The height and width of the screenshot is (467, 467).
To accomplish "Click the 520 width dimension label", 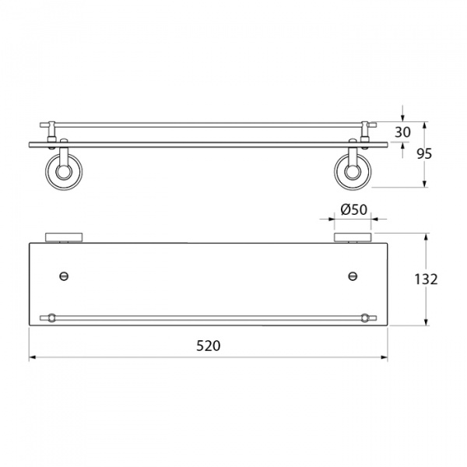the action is (208, 346).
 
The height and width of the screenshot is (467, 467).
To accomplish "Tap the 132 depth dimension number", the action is (427, 279).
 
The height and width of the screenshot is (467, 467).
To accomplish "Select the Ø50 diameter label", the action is (354, 209).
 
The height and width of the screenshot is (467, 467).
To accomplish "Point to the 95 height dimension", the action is (424, 153).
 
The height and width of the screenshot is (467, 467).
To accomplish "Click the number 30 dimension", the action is (402, 132).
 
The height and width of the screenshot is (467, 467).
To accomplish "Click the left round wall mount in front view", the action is (64, 172).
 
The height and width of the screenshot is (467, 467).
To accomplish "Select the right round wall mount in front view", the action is (353, 171).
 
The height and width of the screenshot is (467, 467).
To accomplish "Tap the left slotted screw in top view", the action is (64, 276).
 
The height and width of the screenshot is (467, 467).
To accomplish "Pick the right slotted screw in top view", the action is (353, 276).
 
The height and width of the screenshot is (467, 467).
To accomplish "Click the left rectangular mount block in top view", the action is (64, 237).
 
